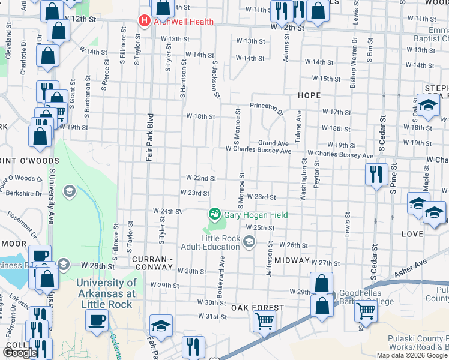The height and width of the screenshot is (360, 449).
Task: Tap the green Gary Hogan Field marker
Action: (214, 214)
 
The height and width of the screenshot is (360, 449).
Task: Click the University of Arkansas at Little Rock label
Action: (115, 287)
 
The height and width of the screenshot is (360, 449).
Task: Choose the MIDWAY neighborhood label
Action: (292, 261)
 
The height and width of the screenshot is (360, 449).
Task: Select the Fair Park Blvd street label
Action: (151, 138)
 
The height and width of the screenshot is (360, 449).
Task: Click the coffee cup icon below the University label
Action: (97, 319)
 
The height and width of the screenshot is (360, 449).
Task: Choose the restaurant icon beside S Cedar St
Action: (376, 175)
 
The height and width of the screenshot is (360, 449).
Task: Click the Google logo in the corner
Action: (20, 353)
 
